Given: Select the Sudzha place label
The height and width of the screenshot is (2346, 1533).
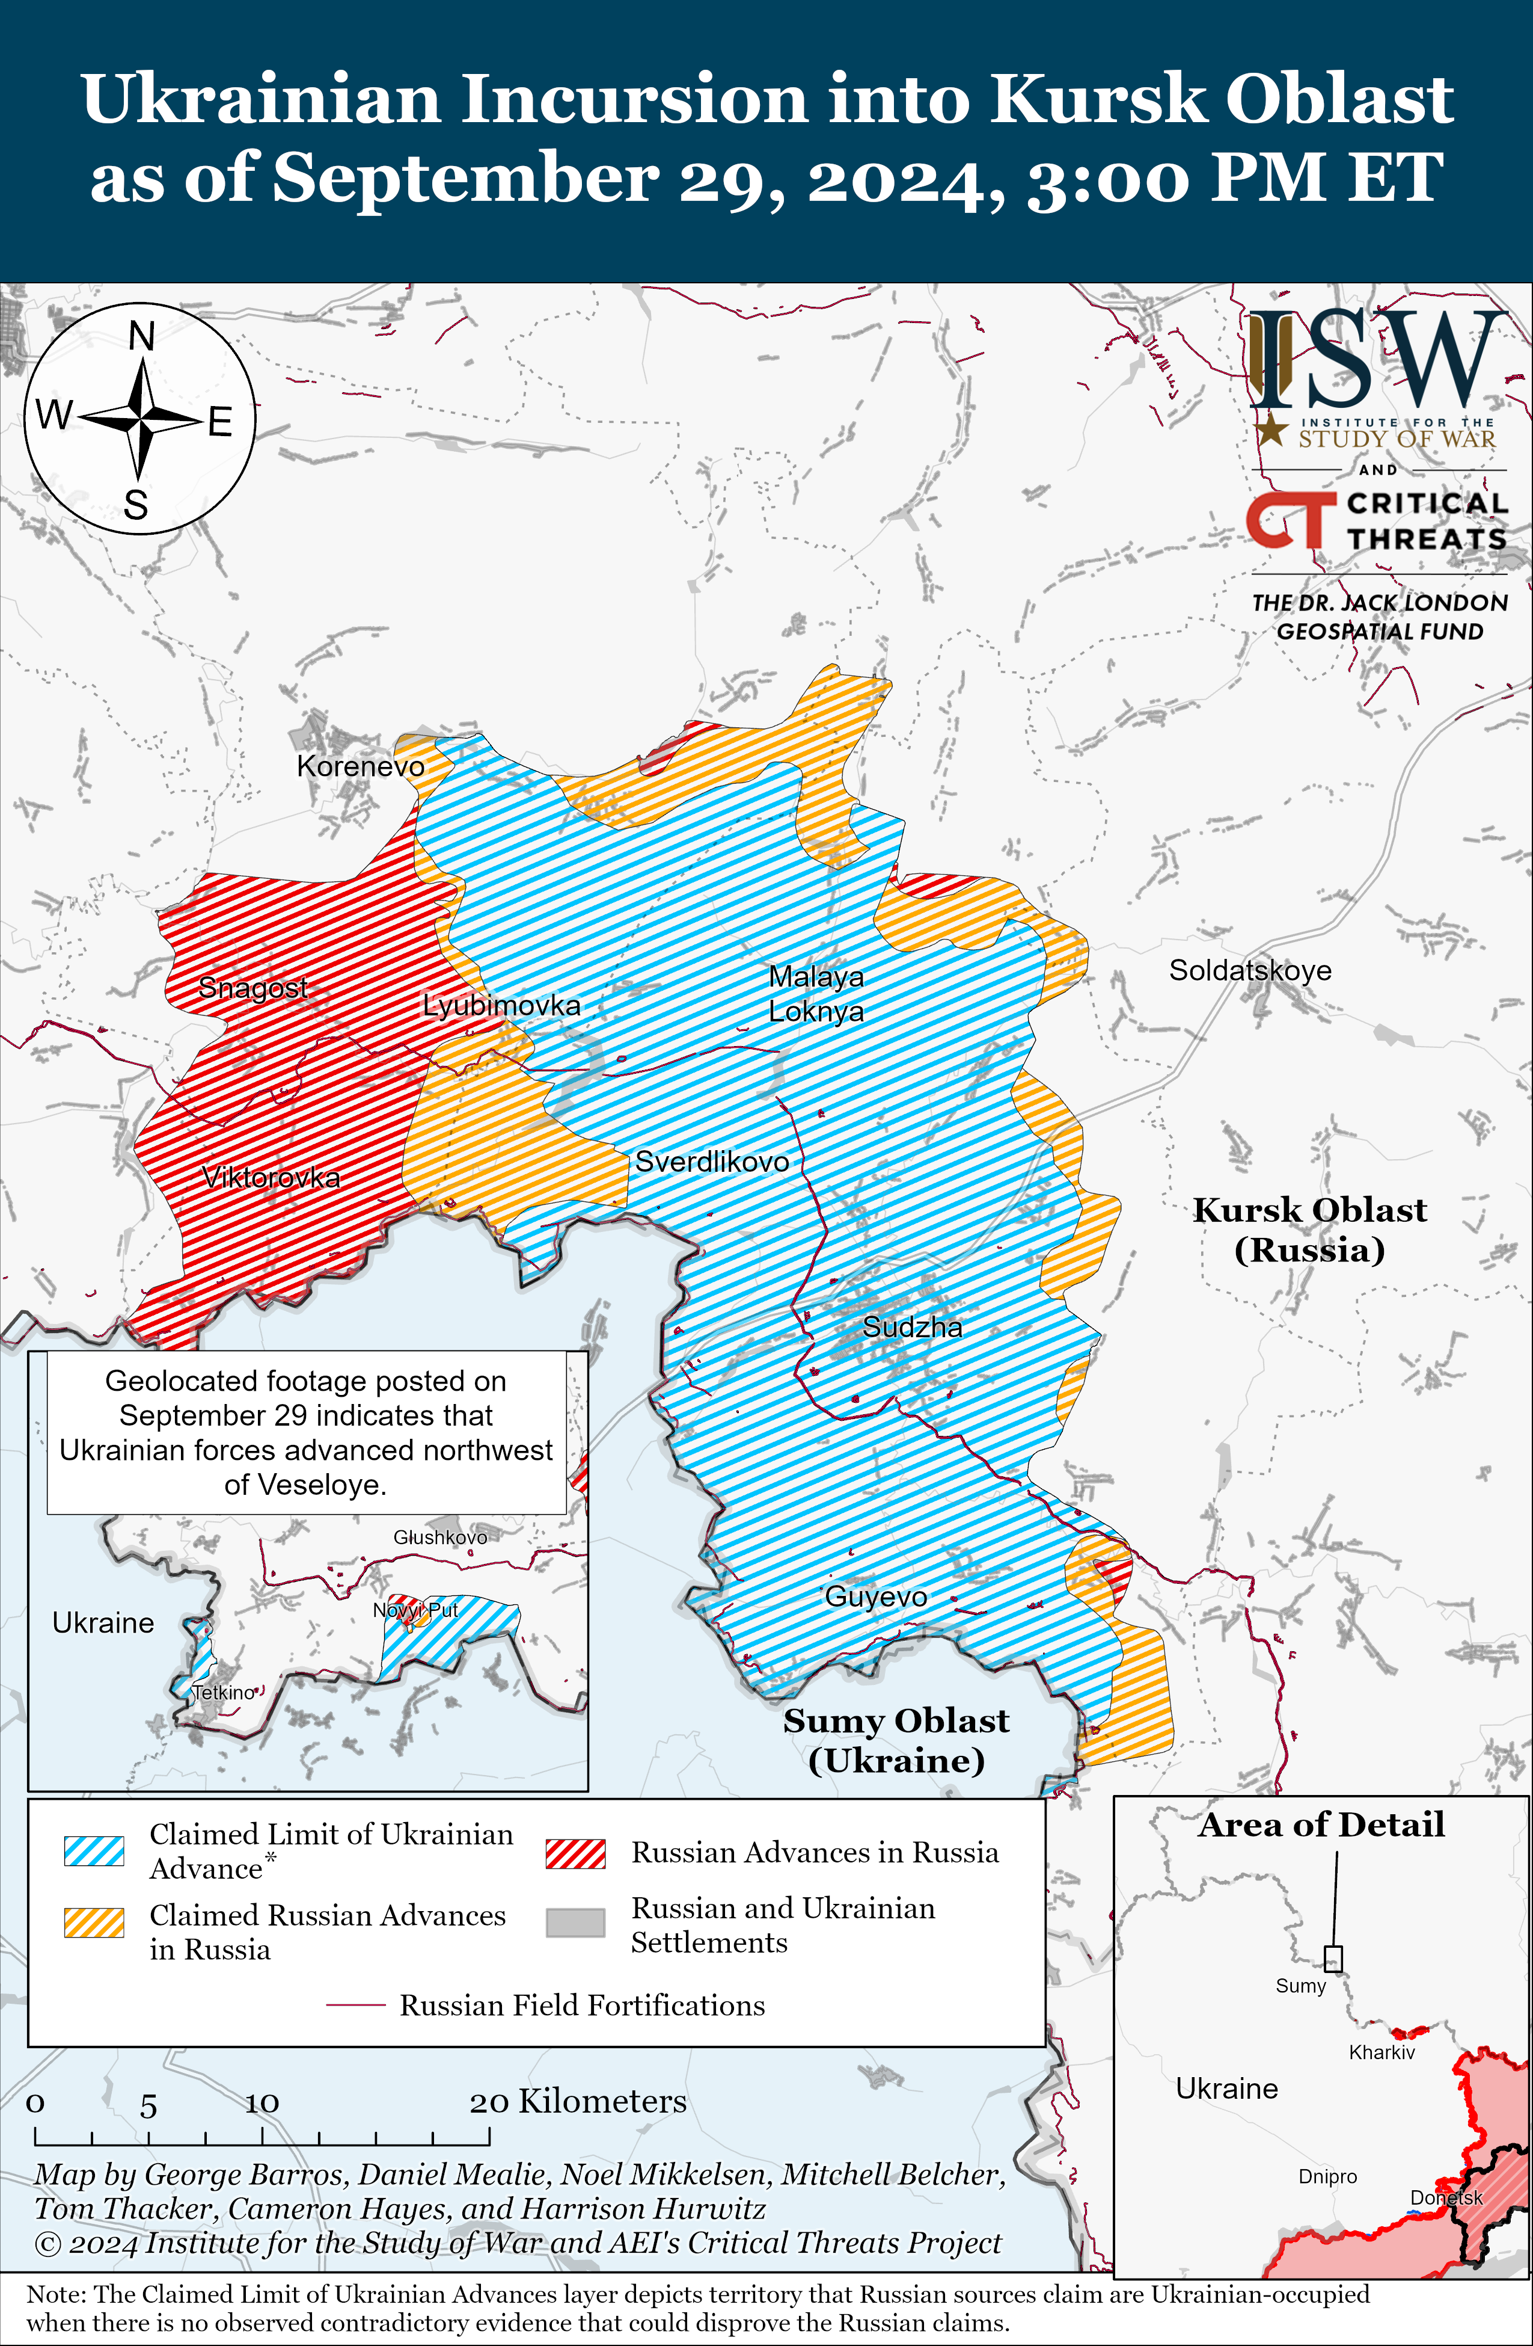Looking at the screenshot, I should click(x=913, y=1327).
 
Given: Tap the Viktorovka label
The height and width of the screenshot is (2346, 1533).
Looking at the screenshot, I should click(x=271, y=1177).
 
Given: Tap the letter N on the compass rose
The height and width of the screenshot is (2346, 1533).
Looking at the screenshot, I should click(x=142, y=337).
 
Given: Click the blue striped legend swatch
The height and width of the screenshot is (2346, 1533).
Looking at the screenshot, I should click(x=94, y=1850).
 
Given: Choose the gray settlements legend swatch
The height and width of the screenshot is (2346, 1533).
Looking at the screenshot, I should click(x=575, y=1922).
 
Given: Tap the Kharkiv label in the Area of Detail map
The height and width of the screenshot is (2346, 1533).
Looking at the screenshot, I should click(x=1382, y=2052).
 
